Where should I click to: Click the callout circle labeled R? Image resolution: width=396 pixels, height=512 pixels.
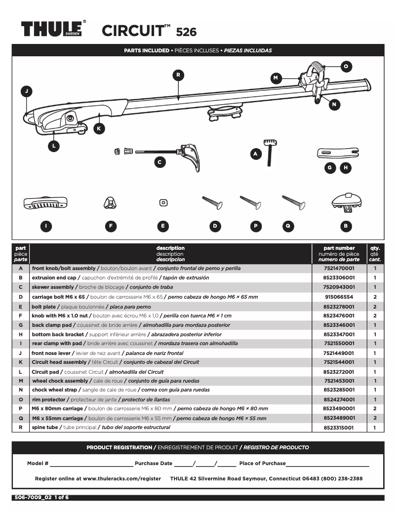(x=179, y=75)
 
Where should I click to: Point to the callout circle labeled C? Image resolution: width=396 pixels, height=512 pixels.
(x=159, y=161)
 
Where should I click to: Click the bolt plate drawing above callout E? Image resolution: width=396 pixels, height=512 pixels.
(x=162, y=202)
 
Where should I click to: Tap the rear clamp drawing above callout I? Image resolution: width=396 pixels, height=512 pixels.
(x=45, y=202)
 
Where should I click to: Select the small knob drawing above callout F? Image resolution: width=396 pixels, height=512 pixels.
(x=110, y=202)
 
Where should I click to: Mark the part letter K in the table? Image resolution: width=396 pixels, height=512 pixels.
(x=21, y=362)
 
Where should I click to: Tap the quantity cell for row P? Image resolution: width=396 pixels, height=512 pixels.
(x=375, y=409)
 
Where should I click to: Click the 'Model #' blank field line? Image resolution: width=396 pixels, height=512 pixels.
(x=91, y=465)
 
